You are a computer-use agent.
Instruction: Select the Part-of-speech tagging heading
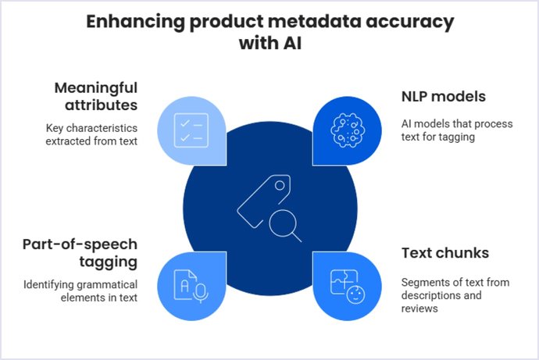(x=80, y=251)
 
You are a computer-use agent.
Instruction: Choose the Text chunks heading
(x=445, y=253)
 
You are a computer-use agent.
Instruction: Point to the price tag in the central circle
(x=259, y=199)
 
